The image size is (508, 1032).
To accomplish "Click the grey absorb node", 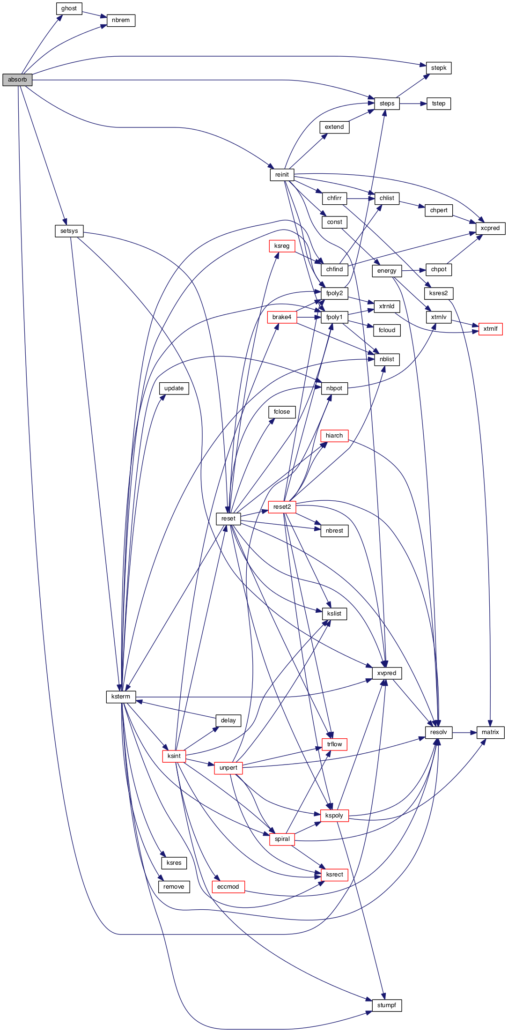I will tap(17, 80).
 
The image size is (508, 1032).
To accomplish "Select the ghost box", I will tap(69, 8).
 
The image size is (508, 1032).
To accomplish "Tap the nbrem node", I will tap(121, 20).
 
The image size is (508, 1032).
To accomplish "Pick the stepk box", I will tap(439, 68).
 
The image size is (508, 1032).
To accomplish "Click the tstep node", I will tap(439, 104).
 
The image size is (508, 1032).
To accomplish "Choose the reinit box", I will tap(282, 175).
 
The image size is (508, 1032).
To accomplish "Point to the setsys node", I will tap(69, 231).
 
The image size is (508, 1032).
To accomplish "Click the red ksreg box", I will tap(282, 246).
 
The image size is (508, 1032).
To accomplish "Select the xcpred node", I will tap(490, 228).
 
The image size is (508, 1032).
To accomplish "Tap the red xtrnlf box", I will tap(490, 329).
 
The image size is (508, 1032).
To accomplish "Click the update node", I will tap(174, 388).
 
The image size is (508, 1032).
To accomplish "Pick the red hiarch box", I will tap(334, 436).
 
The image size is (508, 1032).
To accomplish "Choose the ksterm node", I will tap(121, 697).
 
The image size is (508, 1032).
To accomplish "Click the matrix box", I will tap(490, 732).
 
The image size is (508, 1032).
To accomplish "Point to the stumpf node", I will tap(387, 1005).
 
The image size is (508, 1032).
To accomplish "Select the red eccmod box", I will tap(228, 887).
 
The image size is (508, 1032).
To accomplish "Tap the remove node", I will tap(174, 887).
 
